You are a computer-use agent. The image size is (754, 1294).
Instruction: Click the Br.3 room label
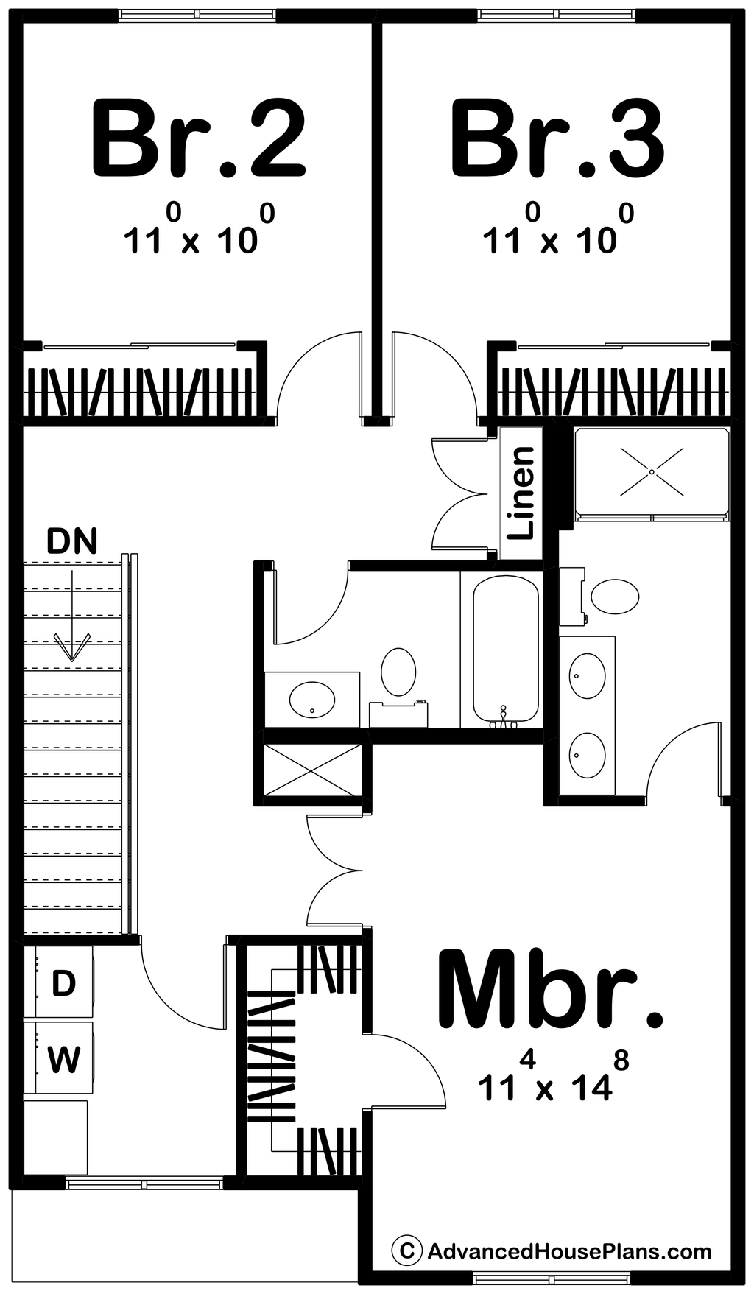(557, 140)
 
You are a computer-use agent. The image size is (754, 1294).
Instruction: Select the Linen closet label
(521, 493)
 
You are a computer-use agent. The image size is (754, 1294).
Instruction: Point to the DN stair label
(71, 541)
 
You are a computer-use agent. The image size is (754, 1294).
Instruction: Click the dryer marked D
(63, 982)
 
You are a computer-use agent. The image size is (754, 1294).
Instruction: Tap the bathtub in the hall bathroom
(504, 648)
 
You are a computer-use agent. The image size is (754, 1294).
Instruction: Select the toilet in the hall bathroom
(398, 672)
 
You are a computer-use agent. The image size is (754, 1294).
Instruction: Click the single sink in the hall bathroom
(312, 700)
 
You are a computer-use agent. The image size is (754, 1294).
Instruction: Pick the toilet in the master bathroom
(616, 596)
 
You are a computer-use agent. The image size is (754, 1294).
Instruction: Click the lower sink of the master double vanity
(587, 755)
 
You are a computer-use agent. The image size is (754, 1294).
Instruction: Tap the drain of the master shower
(652, 471)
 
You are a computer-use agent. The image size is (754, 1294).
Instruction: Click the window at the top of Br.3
(556, 14)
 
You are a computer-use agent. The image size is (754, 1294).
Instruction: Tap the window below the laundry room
(144, 1184)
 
